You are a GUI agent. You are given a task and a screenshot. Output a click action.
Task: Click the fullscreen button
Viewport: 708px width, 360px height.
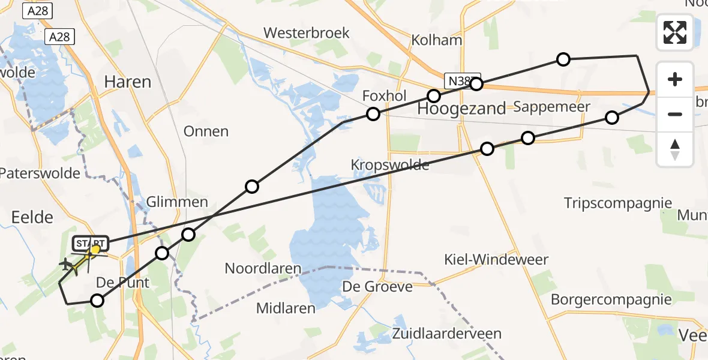(x=675, y=32)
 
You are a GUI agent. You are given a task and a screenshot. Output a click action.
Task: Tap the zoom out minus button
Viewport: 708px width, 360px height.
(x=675, y=114)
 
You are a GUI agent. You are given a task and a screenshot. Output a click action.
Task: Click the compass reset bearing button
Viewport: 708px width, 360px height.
(x=675, y=150)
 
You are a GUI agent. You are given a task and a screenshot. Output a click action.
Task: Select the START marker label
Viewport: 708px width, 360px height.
(x=91, y=244)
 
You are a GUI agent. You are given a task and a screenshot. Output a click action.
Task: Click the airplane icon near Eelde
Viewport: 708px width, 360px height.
(x=65, y=263)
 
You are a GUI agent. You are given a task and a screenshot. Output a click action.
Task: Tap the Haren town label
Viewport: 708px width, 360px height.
(x=127, y=82)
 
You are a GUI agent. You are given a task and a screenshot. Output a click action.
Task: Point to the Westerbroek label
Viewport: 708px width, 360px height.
(x=306, y=32)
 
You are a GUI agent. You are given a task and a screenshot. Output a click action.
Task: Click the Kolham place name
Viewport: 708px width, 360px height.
(x=437, y=40)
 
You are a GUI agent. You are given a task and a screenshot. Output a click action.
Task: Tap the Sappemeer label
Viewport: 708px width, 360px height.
(x=552, y=107)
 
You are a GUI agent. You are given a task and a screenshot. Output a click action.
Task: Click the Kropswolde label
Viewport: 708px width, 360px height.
(x=391, y=165)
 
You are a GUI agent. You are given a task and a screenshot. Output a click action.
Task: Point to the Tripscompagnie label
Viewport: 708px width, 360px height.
(x=618, y=203)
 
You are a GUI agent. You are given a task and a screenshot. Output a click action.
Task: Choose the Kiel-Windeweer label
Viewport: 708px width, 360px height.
(x=496, y=260)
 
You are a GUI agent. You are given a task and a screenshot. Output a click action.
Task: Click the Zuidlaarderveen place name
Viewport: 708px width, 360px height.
(x=447, y=334)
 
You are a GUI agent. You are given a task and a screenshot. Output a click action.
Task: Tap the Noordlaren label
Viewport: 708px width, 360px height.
(x=263, y=268)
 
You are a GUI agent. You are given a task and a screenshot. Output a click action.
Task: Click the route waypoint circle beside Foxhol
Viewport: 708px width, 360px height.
(x=373, y=114)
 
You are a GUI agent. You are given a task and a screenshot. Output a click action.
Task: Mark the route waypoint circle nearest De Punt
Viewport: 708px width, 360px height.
(x=97, y=301)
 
